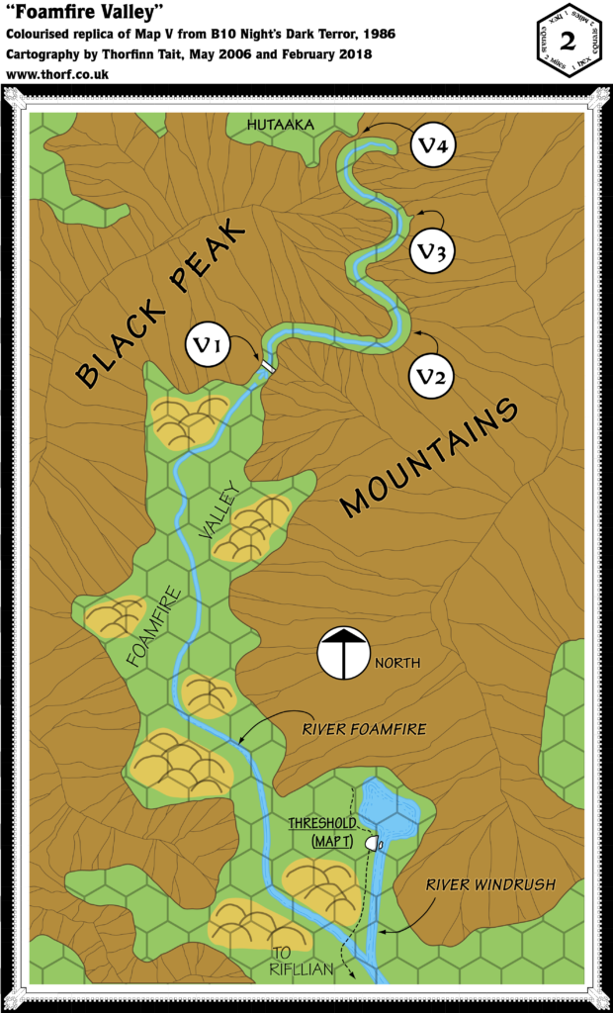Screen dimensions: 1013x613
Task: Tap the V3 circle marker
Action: click(x=433, y=251)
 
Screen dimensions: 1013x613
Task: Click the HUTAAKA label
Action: click(x=282, y=125)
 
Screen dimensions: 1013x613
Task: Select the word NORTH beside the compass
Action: click(x=397, y=663)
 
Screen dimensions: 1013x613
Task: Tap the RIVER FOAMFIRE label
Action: click(x=364, y=729)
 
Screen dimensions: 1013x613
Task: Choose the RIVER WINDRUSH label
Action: click(x=491, y=884)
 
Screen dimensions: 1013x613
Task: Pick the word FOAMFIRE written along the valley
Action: click(x=152, y=627)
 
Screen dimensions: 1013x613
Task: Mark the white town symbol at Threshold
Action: click(x=373, y=843)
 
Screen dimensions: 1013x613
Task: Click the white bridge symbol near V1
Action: click(x=266, y=367)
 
